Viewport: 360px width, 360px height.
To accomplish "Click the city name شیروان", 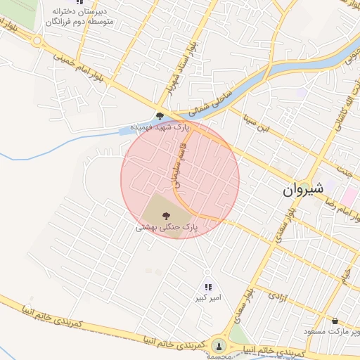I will [303, 188].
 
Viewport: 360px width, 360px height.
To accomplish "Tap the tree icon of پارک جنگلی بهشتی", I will [167, 216].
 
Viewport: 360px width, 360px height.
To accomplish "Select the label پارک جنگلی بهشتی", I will [167, 228].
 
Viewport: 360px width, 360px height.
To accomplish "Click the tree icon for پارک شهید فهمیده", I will [160, 116].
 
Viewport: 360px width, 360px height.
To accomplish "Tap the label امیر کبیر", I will [208, 297].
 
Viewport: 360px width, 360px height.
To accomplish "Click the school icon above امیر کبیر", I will [208, 286].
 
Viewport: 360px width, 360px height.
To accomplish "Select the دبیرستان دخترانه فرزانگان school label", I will [79, 17].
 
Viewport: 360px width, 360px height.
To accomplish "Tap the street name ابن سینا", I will [255, 124].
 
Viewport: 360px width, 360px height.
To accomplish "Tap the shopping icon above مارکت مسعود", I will [334, 320].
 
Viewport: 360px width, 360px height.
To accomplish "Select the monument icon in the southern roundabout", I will [219, 347].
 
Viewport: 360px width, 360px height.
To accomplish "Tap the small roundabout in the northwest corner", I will [36, 41].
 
